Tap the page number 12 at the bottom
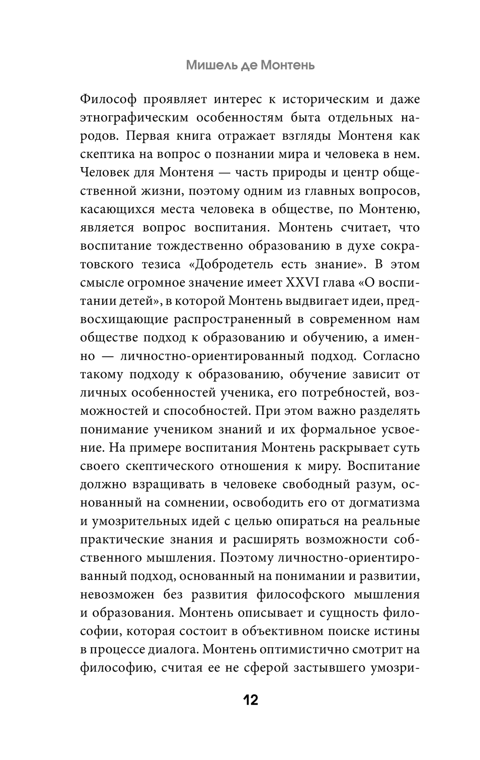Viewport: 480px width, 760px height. [x=251, y=700]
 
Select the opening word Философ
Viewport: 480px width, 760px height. [x=109, y=99]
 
